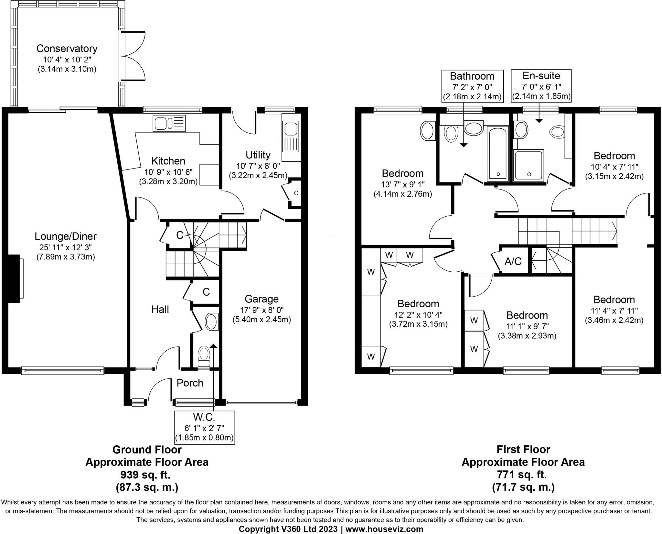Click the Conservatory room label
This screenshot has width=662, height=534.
(67, 49)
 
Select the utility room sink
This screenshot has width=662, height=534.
(291, 137)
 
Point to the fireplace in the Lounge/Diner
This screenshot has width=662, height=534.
(14, 278)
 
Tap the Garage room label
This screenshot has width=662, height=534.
(262, 299)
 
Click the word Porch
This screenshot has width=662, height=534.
(190, 383)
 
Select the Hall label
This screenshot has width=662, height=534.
(160, 310)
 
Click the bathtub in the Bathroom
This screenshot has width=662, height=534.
(498, 153)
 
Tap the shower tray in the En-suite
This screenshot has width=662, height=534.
(529, 165)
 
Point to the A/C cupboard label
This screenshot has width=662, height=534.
(513, 261)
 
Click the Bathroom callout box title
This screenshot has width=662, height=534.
(472, 76)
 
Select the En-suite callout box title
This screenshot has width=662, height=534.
(541, 76)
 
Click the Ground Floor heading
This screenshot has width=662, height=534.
(147, 449)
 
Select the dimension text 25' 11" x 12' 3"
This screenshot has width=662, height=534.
(66, 247)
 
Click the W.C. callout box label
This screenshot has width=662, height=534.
(204, 417)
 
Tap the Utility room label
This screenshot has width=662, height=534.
(258, 155)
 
